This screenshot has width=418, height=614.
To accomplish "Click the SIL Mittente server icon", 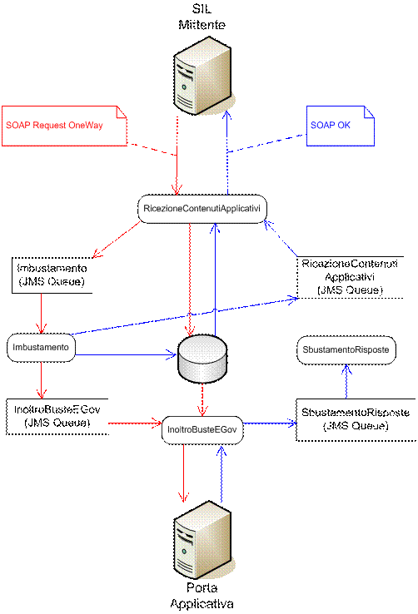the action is tap(203, 76).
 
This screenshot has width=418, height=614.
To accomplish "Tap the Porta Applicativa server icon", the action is tap(203, 540).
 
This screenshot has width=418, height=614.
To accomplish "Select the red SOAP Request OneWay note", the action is tap(65, 126).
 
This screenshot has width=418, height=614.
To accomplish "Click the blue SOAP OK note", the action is tap(341, 126).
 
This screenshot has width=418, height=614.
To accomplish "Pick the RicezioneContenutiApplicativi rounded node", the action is tap(202, 209).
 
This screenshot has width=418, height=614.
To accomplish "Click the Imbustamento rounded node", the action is tap(41, 348).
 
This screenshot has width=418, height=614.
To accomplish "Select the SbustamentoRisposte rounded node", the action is tap(346, 350).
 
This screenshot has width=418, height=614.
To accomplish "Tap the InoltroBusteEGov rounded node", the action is tap(202, 430).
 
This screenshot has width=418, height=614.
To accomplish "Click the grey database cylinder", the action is tap(202, 359).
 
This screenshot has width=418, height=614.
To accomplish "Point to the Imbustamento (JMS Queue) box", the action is tap(52, 275).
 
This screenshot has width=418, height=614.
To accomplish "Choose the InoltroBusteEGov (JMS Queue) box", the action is tap(57, 417).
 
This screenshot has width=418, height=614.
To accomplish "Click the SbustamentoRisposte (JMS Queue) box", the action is tap(356, 420).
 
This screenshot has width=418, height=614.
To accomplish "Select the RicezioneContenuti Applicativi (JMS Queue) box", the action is tap(350, 277).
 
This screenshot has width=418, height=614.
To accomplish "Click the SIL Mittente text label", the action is tap(202, 17).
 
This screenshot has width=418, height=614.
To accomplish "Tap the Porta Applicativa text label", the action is tap(202, 596).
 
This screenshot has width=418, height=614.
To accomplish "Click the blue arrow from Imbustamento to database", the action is tap(126, 355).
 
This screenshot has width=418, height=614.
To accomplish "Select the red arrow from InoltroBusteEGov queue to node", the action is tap(135, 423).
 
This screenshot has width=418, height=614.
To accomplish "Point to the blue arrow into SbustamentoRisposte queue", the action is tap(270, 423).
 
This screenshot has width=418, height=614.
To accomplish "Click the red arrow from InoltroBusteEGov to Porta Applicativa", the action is tap(183, 473).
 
